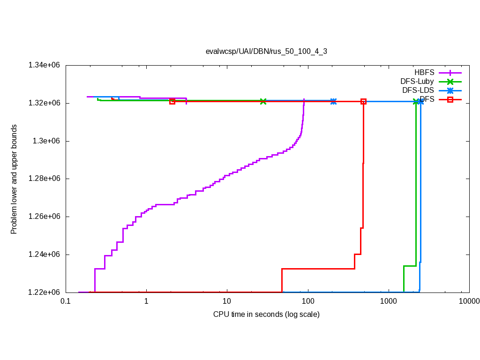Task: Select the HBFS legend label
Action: [424, 73]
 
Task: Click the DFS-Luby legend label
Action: [417, 82]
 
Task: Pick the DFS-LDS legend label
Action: [418, 90]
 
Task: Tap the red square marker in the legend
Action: [450, 99]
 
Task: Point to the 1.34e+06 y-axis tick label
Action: [45, 65]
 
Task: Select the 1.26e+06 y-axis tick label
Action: [45, 217]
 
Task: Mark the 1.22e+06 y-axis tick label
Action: [45, 292]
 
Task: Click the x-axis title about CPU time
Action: [266, 315]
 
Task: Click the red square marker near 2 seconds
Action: [172, 101]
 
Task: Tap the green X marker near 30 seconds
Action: [263, 101]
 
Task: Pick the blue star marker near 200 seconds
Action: [333, 101]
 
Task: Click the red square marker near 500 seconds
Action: [363, 101]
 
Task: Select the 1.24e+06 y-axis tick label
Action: [45, 255]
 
